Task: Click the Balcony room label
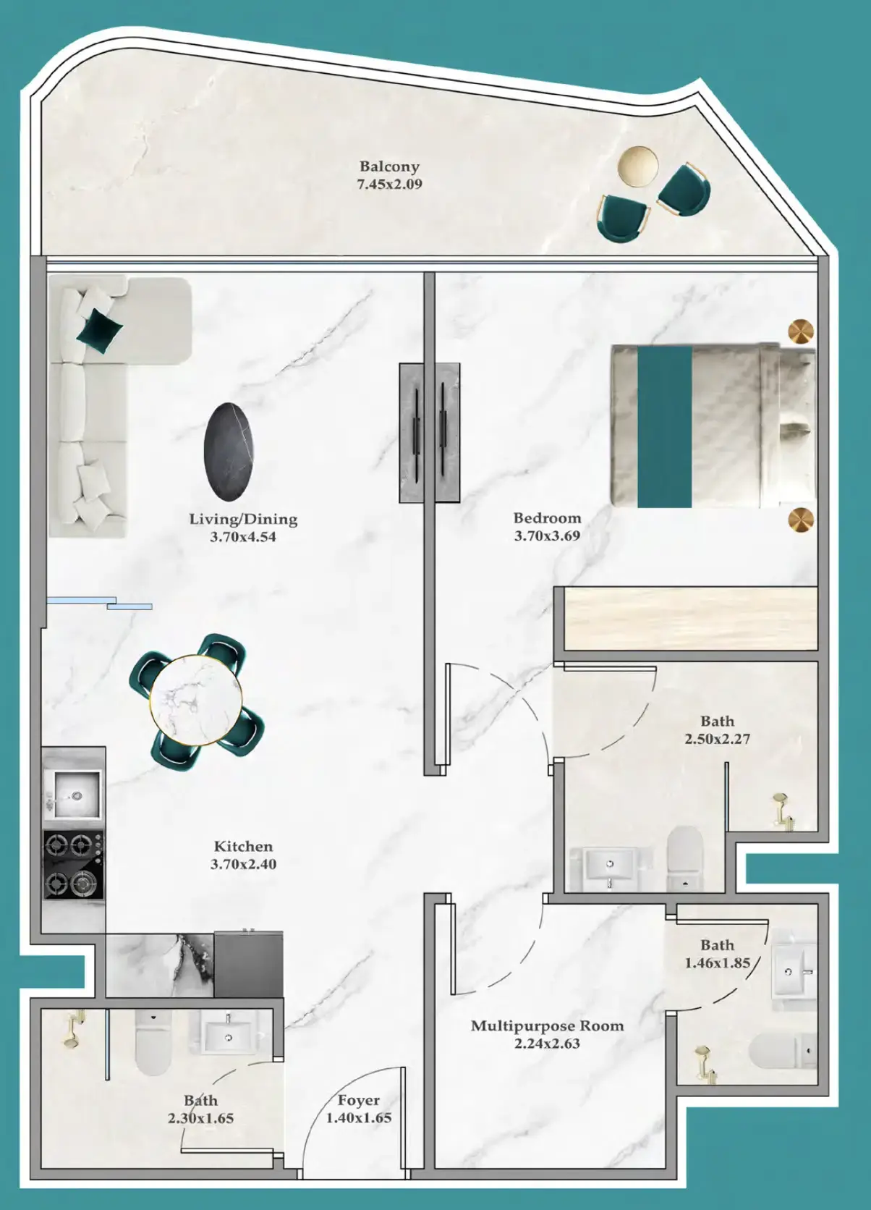pyautogui.click(x=389, y=166)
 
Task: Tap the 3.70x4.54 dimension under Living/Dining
pyautogui.click(x=243, y=537)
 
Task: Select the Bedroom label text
pyautogui.click(x=547, y=518)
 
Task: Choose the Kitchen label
pyautogui.click(x=243, y=846)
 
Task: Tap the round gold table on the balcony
pyautogui.click(x=638, y=166)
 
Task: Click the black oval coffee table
pyautogui.click(x=229, y=452)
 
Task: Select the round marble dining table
pyautogui.click(x=196, y=700)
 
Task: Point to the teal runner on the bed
pyautogui.click(x=665, y=427)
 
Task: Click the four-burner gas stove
pyautogui.click(x=74, y=865)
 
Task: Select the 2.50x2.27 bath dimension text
pyautogui.click(x=718, y=738)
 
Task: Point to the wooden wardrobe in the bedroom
pyautogui.click(x=690, y=619)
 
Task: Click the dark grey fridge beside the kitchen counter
pyautogui.click(x=248, y=964)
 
